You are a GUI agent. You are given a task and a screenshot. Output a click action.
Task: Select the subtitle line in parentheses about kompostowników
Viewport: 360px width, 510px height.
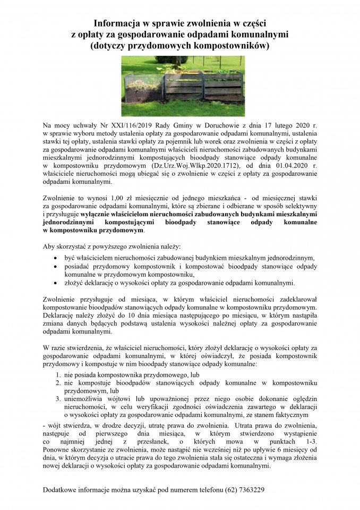click(x=180, y=46)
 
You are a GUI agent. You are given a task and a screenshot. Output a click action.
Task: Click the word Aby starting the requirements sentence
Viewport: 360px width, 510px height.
click(x=49, y=247)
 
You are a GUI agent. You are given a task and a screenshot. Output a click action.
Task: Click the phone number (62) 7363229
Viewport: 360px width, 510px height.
click(x=244, y=489)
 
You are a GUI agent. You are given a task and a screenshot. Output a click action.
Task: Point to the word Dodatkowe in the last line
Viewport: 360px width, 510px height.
click(x=62, y=489)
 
